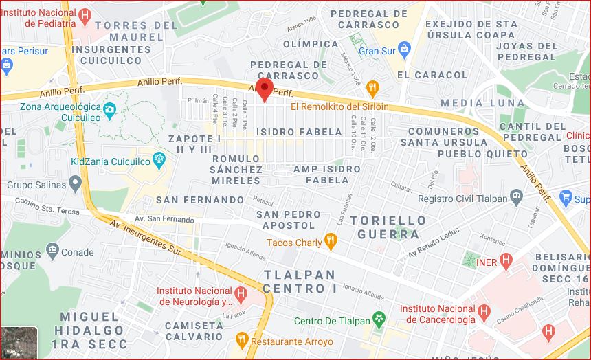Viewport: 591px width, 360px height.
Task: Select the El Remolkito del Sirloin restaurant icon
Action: pyautogui.click(x=372, y=87)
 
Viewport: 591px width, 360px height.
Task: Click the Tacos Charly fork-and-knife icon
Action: pyautogui.click(x=331, y=241)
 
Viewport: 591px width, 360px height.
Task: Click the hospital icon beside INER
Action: pyautogui.click(x=506, y=261)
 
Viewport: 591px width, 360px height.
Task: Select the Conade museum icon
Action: pyautogui.click(x=52, y=251)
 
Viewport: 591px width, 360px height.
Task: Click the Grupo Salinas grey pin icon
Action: pyautogui.click(x=75, y=184)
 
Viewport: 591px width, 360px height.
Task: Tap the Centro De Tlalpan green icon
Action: pyautogui.click(x=377, y=319)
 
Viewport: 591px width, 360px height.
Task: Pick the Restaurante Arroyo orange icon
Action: pyautogui.click(x=241, y=340)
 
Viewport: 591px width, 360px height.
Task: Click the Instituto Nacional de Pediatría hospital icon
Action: pyautogui.click(x=85, y=15)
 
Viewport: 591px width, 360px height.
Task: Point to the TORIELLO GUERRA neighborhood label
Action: pyautogui.click(x=388, y=227)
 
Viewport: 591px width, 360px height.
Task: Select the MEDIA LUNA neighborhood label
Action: pyautogui.click(x=471, y=103)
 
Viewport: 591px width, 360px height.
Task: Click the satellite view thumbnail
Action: pyautogui.click(x=19, y=342)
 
